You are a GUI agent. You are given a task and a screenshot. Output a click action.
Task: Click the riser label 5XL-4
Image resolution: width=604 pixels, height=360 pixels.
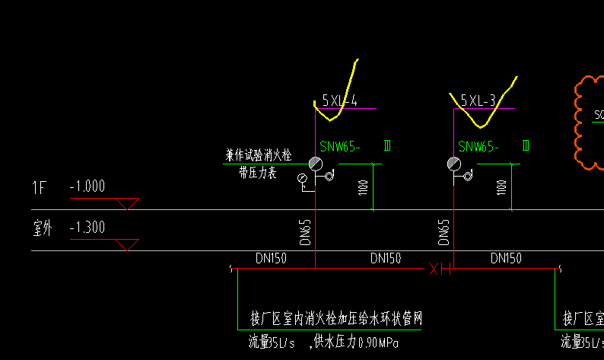click(x=339, y=100)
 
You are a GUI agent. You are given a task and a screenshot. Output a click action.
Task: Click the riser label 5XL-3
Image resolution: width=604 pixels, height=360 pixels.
click(x=478, y=100)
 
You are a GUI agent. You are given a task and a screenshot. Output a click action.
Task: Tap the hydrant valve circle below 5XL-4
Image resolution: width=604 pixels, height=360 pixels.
click(x=315, y=164)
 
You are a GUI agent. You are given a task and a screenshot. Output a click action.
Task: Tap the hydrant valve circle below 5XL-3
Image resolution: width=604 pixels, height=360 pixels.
click(x=453, y=164)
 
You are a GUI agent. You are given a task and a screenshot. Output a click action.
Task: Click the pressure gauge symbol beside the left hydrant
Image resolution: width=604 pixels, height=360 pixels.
click(x=302, y=179)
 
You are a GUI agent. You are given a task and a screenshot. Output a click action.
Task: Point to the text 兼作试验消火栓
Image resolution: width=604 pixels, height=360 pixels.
click(x=258, y=155)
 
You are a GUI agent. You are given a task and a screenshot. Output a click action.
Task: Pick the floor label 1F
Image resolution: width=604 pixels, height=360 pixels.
click(x=40, y=186)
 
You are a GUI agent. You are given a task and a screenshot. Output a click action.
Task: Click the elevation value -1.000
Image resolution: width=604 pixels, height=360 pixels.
click(x=87, y=186)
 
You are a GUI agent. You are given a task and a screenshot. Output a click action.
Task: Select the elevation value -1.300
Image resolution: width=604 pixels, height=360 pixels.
click(x=87, y=228)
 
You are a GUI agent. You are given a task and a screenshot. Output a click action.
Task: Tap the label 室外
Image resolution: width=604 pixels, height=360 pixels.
click(x=42, y=228)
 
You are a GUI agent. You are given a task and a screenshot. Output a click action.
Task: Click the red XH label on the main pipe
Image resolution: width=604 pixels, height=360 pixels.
click(x=440, y=269)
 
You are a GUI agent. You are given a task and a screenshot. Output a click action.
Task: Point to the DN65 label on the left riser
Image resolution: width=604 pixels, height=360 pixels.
click(x=306, y=229)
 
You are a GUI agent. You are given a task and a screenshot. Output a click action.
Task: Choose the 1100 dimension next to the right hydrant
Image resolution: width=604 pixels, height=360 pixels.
click(x=501, y=186)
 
